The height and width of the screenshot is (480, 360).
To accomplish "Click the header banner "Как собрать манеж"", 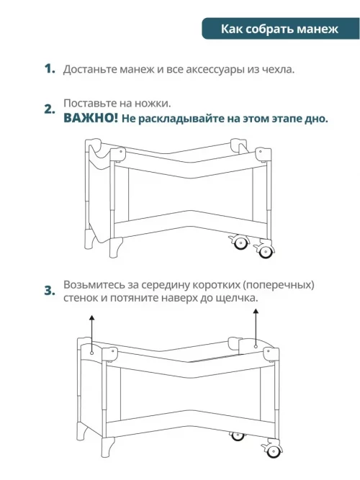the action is [280, 29].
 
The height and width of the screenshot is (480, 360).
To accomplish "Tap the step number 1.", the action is [50, 68].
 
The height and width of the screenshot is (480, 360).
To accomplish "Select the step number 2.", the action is [50, 109].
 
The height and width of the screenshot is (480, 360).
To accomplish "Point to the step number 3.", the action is [50, 291].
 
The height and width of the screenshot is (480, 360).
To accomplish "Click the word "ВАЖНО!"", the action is [91, 118].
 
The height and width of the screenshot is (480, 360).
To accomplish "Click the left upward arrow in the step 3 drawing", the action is [91, 335].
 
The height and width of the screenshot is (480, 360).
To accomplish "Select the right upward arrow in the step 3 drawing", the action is [256, 328].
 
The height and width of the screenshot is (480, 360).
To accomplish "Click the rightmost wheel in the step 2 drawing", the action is [265, 251].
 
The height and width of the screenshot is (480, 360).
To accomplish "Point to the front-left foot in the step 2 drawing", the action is [115, 248].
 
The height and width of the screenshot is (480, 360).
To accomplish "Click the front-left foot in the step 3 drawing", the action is [107, 447].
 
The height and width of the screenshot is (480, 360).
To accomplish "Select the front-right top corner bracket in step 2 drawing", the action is [264, 155].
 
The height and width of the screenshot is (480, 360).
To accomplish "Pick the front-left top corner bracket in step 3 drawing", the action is [109, 354].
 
